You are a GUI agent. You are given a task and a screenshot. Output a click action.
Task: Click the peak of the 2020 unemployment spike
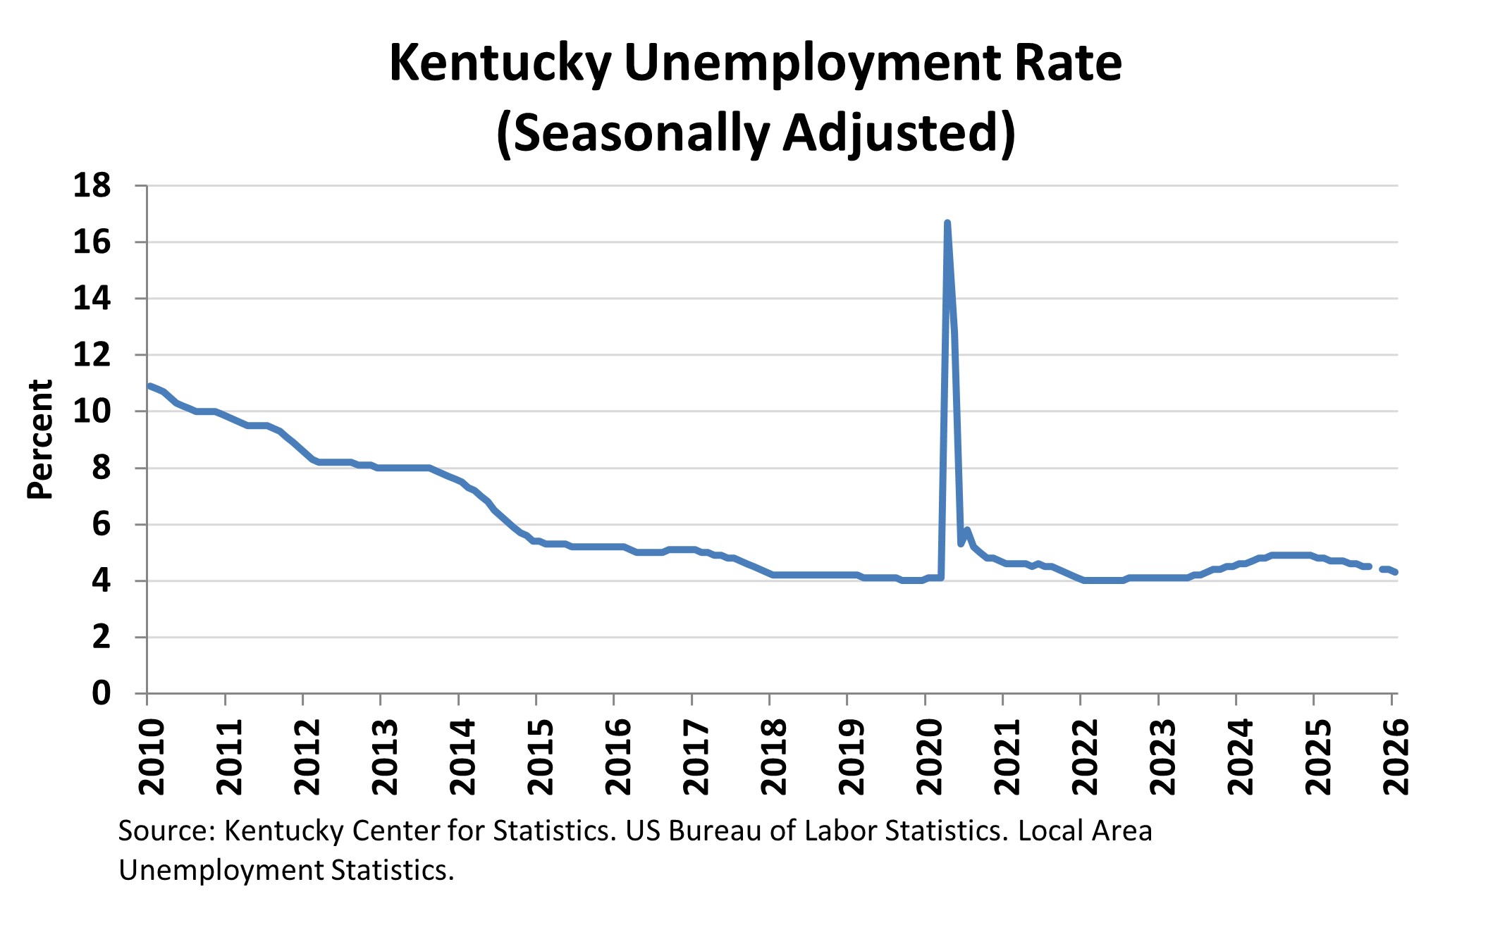coord(947,223)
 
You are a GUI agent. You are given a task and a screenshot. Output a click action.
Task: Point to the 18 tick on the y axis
coord(92,185)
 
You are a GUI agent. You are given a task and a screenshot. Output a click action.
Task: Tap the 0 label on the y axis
coord(102,694)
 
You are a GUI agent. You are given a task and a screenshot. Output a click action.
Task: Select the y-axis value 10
coord(92,411)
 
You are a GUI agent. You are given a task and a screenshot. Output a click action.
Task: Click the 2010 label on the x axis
coord(152,757)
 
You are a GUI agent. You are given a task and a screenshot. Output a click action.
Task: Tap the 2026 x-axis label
coord(1396,757)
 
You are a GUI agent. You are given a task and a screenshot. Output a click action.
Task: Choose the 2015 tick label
coord(541,757)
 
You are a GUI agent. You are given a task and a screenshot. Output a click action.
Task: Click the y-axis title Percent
coord(40,440)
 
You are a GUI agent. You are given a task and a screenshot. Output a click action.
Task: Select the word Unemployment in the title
coord(811,63)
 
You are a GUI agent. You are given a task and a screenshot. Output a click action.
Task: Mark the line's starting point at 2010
coord(149,386)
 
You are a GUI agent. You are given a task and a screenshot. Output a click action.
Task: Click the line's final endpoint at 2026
coord(1396,573)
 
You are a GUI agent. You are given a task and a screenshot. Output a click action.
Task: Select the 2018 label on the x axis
coord(774,757)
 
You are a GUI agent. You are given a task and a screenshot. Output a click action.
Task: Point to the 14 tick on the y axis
coord(92,299)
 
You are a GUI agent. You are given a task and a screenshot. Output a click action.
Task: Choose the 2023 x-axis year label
coord(1162,757)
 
